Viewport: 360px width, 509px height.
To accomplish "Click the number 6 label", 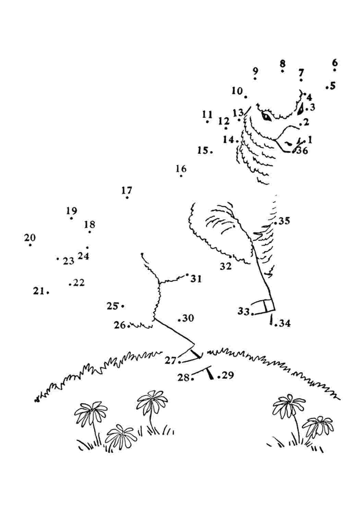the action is tap(335, 62).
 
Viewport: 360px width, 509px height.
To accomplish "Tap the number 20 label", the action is tap(30, 238).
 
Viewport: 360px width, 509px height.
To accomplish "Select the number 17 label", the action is tap(127, 190).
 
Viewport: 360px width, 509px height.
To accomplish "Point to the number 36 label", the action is tap(302, 150).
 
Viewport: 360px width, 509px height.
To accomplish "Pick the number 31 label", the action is tap(196, 279).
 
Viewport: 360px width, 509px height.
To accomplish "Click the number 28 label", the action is tap(183, 378).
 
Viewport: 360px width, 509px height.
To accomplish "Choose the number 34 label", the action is tap(285, 323).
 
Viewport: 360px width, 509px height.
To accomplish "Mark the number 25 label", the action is tap(113, 306).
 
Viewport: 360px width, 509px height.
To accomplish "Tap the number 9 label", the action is tap(255, 71).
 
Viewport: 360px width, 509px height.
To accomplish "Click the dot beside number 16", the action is tap(181, 176).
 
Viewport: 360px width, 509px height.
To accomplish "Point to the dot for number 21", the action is tap(48, 293).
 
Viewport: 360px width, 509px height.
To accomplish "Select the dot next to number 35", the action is tap(275, 223).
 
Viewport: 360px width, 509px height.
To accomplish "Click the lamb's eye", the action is tap(266, 117).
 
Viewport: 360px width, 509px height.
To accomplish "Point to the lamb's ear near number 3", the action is tap(300, 109).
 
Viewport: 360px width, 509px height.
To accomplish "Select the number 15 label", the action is tap(203, 150).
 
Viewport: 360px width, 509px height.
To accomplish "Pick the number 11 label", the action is tap(207, 114).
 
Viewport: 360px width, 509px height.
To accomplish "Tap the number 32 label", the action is tap(226, 266).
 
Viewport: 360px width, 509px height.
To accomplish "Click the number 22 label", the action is tap(79, 283).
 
